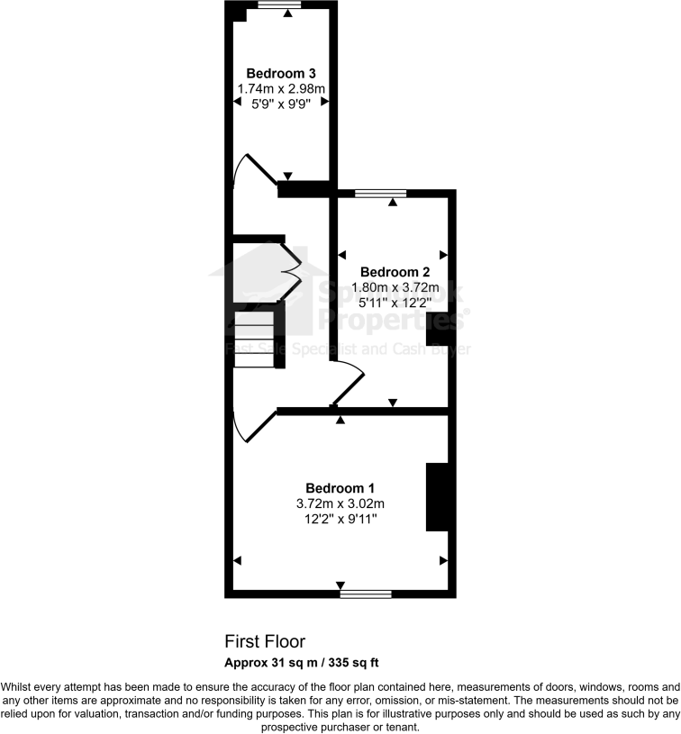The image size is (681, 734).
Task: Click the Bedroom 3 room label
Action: [x=280, y=73]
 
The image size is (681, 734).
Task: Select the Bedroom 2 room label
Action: [x=395, y=272]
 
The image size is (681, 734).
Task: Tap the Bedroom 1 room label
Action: [x=339, y=487]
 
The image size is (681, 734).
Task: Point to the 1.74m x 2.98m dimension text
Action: [x=280, y=88]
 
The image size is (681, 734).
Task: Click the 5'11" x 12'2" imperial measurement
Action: [x=395, y=303]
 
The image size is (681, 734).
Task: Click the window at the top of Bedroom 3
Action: [x=279, y=5]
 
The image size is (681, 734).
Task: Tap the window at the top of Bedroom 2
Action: [x=380, y=193]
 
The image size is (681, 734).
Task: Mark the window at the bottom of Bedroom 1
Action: [x=366, y=594]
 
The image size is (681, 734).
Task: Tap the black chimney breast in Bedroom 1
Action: [x=437, y=497]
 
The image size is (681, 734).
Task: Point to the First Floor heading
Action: [x=265, y=641]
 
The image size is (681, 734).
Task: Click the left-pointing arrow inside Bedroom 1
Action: [x=238, y=560]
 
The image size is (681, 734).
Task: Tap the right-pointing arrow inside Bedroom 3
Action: [x=326, y=104]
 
